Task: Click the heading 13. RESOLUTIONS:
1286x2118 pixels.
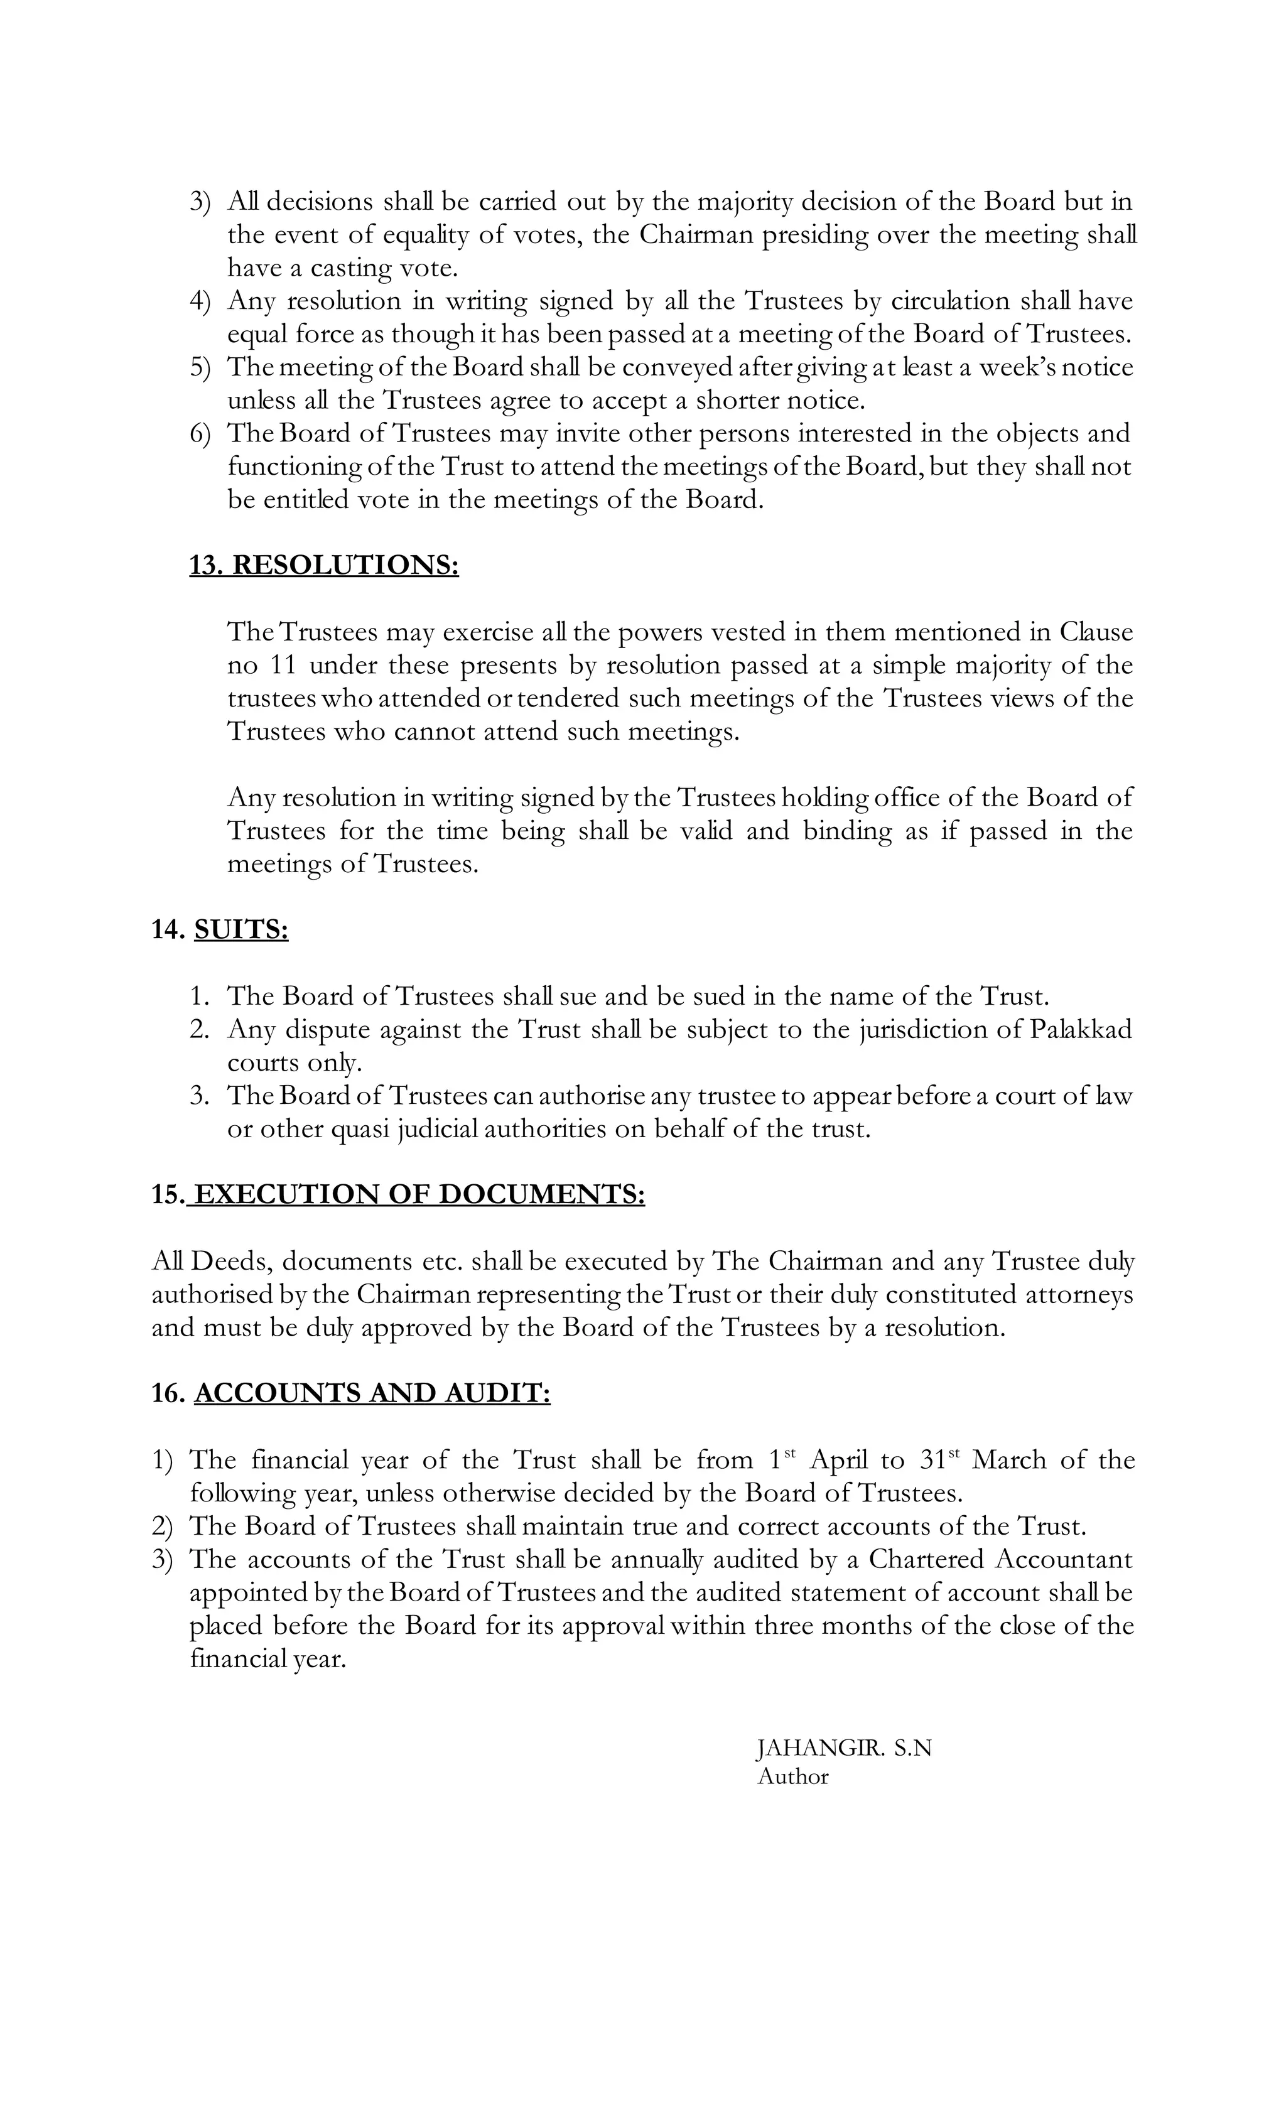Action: point(323,566)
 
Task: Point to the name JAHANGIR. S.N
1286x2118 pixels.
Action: point(843,1748)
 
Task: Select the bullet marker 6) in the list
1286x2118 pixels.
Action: point(200,433)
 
